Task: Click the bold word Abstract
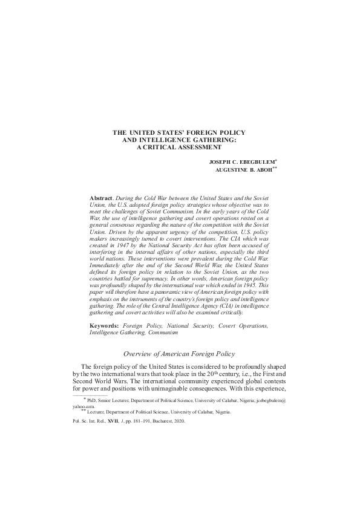[x=101, y=198]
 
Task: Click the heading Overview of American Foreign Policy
[x=180, y=353]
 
